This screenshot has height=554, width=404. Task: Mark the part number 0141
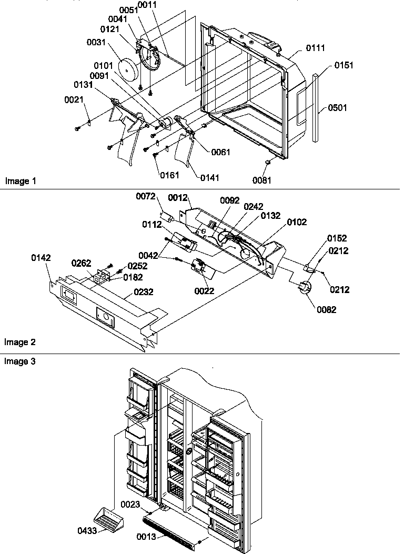coord(210,178)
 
